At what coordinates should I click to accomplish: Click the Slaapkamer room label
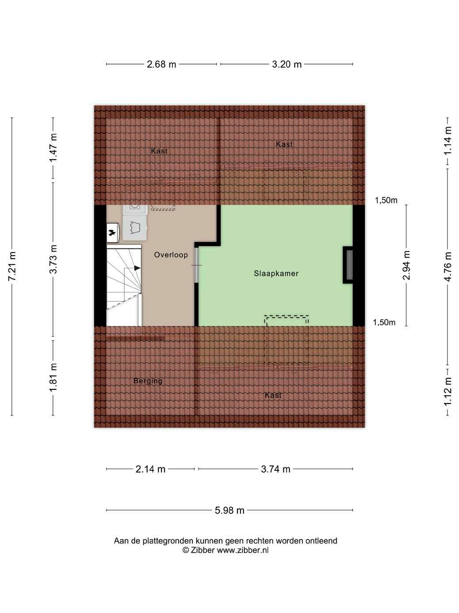(x=276, y=273)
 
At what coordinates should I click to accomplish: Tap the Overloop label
(x=171, y=255)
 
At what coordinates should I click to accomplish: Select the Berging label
(x=148, y=380)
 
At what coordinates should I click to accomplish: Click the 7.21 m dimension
(x=12, y=266)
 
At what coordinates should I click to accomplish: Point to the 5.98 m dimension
(x=229, y=510)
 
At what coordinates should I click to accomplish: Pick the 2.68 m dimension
(x=161, y=64)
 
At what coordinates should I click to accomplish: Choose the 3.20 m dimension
(x=287, y=64)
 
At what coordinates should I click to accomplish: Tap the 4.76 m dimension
(x=448, y=267)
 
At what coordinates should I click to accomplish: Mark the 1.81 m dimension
(x=53, y=377)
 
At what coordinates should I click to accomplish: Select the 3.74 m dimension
(x=275, y=469)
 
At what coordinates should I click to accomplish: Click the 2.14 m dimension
(x=150, y=469)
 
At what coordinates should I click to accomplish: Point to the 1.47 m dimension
(x=53, y=147)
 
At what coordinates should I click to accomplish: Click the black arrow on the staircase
(x=137, y=268)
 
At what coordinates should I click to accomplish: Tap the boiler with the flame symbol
(x=113, y=233)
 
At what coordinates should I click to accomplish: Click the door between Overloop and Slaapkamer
(x=196, y=265)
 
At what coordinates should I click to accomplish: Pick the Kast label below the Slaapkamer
(x=273, y=395)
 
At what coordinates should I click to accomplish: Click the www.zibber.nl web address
(x=242, y=550)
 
